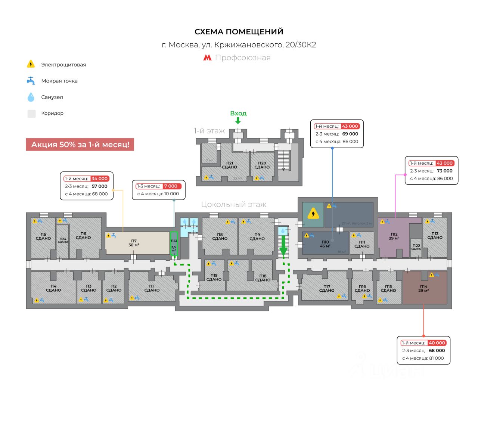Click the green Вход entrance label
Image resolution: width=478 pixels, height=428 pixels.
[x=238, y=113]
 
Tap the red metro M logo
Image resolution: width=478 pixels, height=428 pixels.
[x=207, y=58]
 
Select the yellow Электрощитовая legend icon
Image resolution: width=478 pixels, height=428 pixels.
[x=31, y=64]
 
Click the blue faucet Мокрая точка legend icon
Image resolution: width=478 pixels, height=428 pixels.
[x=31, y=81]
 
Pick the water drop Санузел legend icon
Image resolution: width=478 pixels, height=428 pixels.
[x=31, y=97]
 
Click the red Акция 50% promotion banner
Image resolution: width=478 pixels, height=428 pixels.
[x=80, y=145]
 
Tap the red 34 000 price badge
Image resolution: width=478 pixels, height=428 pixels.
[x=99, y=179]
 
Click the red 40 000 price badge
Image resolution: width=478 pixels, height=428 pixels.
[x=437, y=343]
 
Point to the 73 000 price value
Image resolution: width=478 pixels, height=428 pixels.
[x=444, y=171]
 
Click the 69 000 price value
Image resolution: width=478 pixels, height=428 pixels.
[x=350, y=134]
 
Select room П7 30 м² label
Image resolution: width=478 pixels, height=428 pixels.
[x=134, y=243]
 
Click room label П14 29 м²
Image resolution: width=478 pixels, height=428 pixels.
[x=423, y=288]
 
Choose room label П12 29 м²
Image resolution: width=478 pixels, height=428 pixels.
[x=394, y=236]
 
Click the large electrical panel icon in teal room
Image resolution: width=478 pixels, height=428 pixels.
[x=313, y=214]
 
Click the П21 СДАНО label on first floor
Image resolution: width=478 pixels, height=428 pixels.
[x=229, y=165]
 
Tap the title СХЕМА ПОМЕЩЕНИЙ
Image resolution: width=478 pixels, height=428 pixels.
[x=239, y=32]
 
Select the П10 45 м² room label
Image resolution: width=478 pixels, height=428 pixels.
[x=325, y=244]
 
